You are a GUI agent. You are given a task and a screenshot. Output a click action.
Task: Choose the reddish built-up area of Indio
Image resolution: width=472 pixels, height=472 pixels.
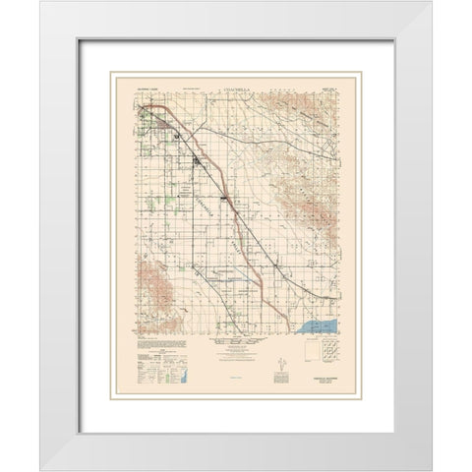tap(156, 121)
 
